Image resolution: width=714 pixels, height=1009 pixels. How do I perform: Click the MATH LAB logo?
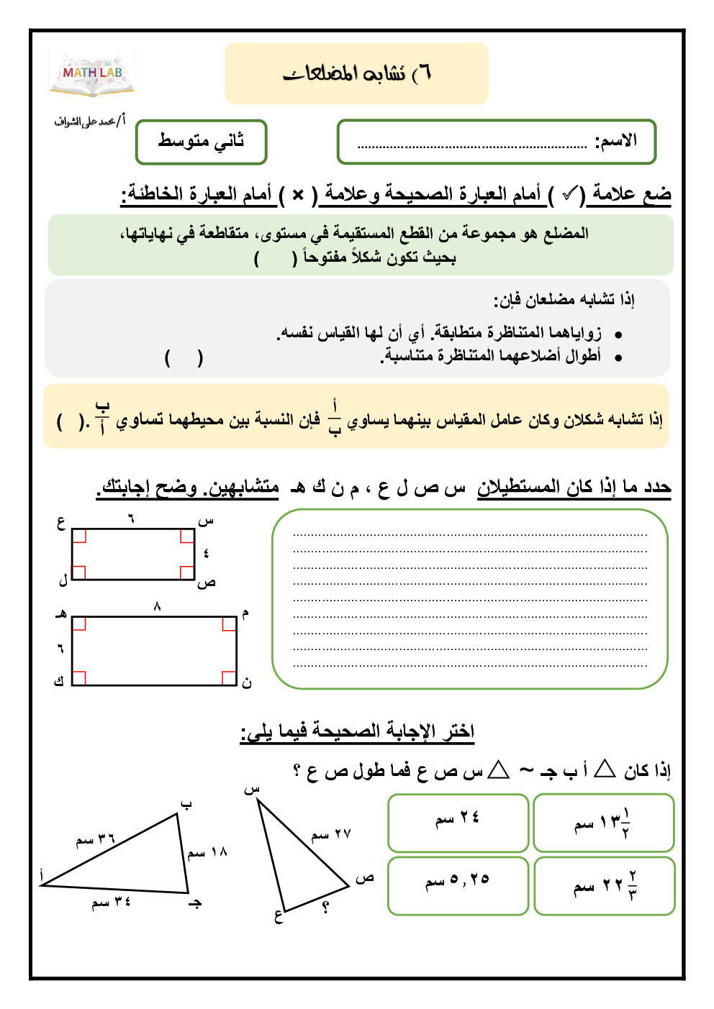click(92, 74)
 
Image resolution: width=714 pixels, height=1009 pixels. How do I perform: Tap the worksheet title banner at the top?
click(356, 73)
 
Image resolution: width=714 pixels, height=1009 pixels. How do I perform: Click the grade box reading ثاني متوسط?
click(202, 142)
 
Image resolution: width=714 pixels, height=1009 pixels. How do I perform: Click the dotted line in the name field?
click(472, 146)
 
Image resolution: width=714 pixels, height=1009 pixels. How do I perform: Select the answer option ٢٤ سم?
click(458, 822)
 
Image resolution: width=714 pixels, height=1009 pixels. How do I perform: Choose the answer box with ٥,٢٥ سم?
click(458, 885)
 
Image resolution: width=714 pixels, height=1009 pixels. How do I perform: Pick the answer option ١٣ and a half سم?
click(603, 822)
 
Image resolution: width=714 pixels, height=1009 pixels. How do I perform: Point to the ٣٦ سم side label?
click(95, 839)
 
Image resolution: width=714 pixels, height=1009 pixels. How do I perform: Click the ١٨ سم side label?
click(207, 853)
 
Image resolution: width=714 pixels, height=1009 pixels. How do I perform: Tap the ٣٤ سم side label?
click(111, 902)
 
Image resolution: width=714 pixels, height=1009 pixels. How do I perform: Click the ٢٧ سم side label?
click(331, 834)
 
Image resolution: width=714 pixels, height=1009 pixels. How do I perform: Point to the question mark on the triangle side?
click(325, 908)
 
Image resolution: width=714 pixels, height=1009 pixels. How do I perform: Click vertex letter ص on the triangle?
click(365, 878)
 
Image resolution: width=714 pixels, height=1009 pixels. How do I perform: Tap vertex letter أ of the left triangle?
click(42, 875)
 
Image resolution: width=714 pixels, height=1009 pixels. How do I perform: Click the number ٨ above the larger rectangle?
click(157, 607)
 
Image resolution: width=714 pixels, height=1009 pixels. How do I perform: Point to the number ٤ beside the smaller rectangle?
click(206, 553)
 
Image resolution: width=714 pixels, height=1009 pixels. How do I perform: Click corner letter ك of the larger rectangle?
click(60, 680)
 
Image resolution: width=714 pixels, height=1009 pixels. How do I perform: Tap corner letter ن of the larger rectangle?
click(247, 682)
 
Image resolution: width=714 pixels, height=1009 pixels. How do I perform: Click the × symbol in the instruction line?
click(298, 195)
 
